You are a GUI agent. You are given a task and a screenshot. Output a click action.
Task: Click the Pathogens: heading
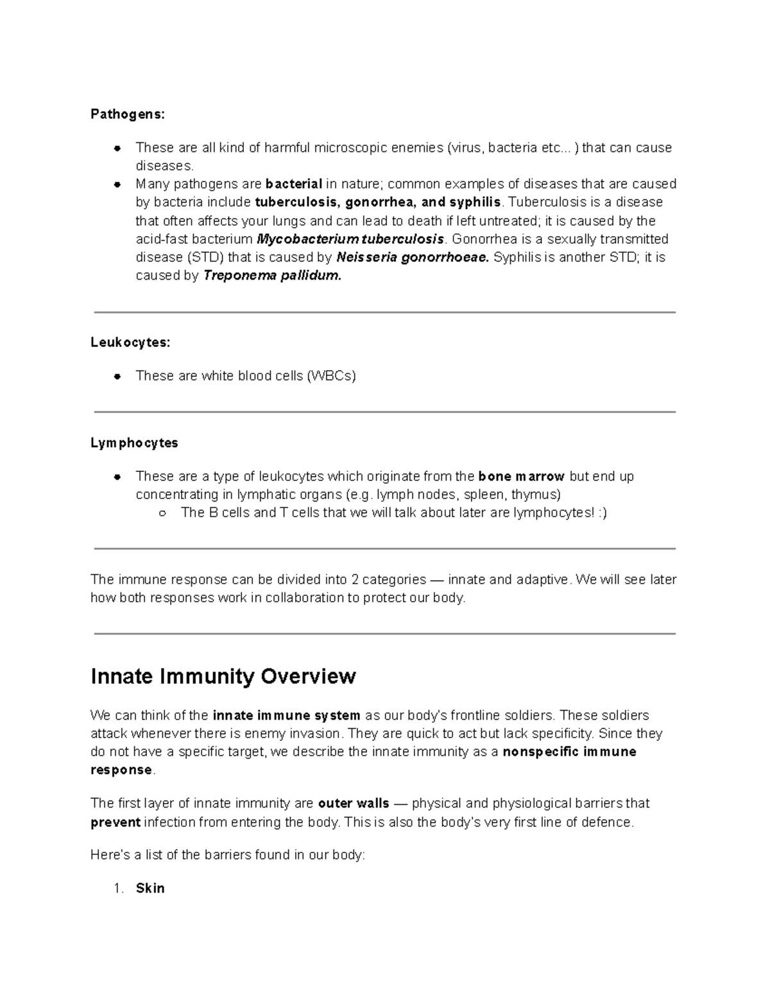click(x=128, y=114)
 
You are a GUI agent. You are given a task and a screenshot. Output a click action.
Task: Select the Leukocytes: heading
click(x=130, y=342)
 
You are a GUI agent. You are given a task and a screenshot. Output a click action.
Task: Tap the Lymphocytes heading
click(x=134, y=443)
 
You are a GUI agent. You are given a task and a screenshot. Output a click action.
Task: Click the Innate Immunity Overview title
click(x=223, y=677)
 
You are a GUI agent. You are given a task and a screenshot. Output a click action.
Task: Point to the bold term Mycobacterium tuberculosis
click(x=350, y=239)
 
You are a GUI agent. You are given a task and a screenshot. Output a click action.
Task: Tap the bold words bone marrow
click(x=521, y=477)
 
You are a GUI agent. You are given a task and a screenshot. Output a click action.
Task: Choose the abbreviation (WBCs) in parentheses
click(x=331, y=376)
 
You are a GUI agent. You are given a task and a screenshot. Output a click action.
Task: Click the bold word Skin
click(x=150, y=888)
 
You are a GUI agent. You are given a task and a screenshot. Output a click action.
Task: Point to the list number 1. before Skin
click(x=118, y=888)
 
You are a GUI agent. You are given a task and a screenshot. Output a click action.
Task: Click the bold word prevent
click(x=116, y=822)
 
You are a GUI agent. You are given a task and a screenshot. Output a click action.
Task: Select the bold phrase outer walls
click(x=354, y=804)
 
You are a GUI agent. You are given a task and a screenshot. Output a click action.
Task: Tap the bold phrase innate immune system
click(x=286, y=716)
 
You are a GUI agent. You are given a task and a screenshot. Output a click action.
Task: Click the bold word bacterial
click(x=294, y=184)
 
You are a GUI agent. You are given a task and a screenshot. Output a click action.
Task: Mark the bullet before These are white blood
click(x=117, y=376)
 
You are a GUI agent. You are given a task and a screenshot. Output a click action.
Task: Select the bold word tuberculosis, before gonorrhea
click(x=298, y=202)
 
